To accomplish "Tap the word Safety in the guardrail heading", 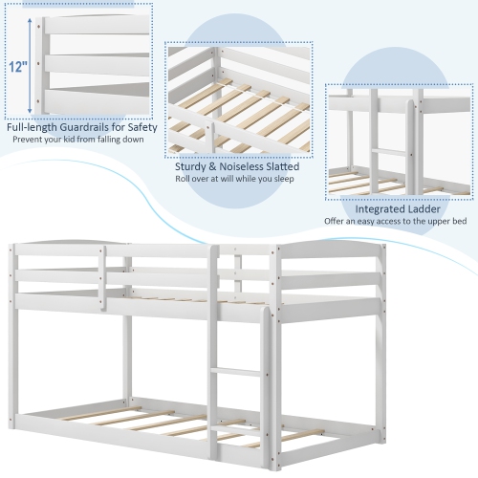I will coord(131,126).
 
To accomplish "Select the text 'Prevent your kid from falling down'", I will coord(78,141).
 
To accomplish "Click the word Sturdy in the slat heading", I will coord(195,164).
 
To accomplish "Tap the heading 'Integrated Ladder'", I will coord(399,208).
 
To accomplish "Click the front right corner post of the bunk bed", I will coord(264,382).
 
